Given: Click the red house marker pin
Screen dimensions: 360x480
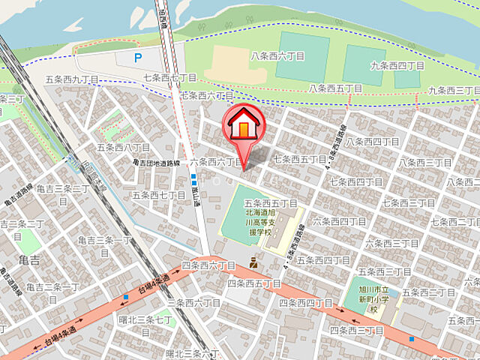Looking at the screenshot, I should pyautogui.click(x=244, y=125).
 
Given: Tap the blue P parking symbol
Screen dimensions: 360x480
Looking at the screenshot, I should pyautogui.click(x=137, y=57).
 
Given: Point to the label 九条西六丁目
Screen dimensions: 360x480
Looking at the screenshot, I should pyautogui.click(x=397, y=66).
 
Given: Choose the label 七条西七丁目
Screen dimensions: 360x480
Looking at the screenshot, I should pyautogui.click(x=169, y=77).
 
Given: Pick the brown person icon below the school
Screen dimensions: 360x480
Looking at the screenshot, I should pyautogui.click(x=254, y=262).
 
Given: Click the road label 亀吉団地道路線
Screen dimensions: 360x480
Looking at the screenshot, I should pyautogui.click(x=156, y=162).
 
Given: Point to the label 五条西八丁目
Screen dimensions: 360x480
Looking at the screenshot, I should pyautogui.click(x=124, y=148).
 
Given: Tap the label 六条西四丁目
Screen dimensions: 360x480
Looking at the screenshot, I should pyautogui.click(x=339, y=221).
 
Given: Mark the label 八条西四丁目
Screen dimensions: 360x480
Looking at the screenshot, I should pyautogui.click(x=373, y=141).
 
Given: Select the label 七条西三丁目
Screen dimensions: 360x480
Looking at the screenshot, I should pyautogui.click(x=409, y=203).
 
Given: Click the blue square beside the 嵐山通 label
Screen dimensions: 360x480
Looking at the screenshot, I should pyautogui.click(x=193, y=178).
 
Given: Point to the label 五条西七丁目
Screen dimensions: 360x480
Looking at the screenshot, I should pyautogui.click(x=158, y=195).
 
